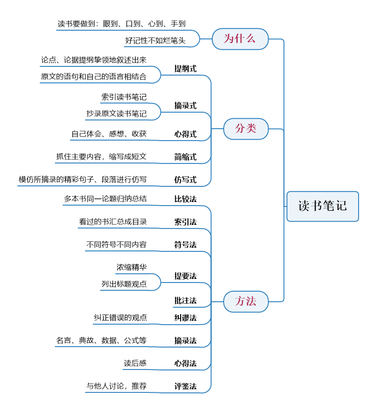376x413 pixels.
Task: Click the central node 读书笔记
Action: point(322,206)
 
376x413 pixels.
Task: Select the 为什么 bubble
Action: point(240,39)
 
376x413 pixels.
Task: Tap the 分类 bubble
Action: point(246,129)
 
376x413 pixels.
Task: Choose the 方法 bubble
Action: point(246,302)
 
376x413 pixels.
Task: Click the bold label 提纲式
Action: point(185,69)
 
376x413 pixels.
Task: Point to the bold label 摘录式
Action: point(185,106)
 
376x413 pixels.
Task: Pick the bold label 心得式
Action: point(185,134)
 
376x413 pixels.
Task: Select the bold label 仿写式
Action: point(185,180)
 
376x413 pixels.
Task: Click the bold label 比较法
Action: point(185,199)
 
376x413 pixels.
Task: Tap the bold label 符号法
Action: point(185,245)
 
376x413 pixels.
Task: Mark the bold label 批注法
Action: point(185,300)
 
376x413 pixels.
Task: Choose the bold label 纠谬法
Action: point(185,318)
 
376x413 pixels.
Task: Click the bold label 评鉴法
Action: point(185,386)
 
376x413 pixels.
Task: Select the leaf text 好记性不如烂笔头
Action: point(155,41)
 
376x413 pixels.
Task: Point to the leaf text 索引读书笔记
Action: point(124,97)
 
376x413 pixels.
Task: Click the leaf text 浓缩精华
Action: point(132,267)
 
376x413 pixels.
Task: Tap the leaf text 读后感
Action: point(135,364)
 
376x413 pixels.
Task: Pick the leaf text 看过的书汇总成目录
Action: point(113,222)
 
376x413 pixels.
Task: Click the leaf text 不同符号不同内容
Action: point(116,245)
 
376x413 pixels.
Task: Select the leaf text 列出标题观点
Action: point(124,284)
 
